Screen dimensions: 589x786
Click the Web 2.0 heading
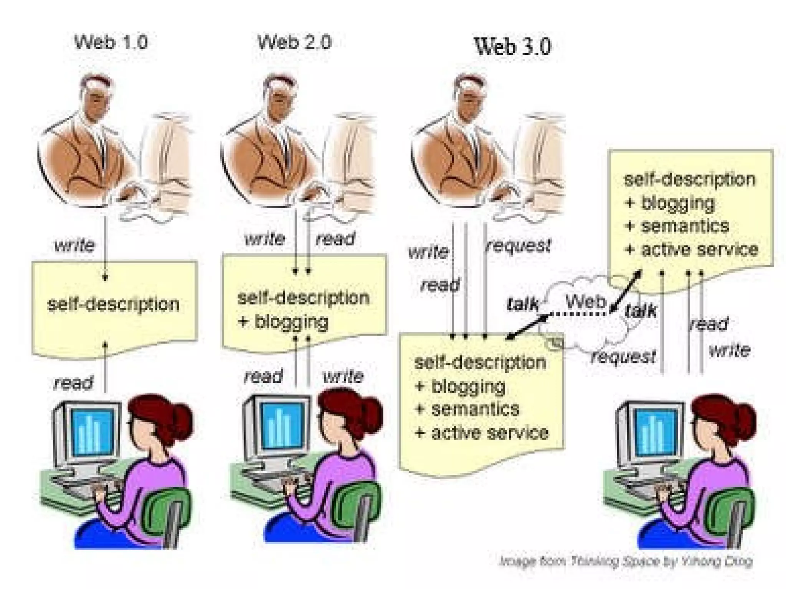click(294, 42)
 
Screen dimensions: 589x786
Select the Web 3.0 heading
click(513, 46)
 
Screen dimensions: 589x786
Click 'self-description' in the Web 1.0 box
click(113, 305)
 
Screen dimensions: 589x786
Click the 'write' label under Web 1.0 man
click(74, 245)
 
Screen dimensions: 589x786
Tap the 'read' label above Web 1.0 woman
click(73, 382)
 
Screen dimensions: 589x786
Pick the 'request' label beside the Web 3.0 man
click(518, 245)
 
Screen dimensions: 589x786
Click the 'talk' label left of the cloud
click(522, 304)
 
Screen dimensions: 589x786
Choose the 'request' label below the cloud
click(624, 357)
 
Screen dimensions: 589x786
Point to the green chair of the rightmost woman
click(731, 510)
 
